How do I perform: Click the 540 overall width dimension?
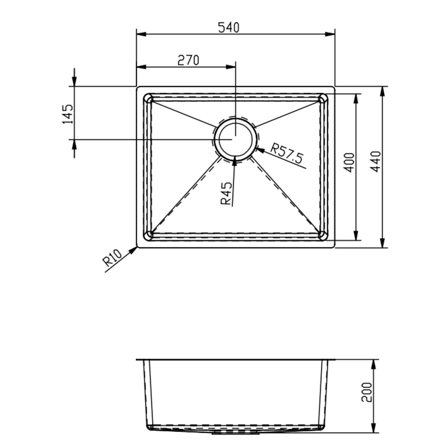point(229,27)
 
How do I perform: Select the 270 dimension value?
point(188,60)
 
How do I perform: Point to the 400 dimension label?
point(350,162)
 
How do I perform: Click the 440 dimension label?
point(376,161)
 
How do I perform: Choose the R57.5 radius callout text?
point(287,154)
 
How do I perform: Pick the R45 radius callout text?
point(226,193)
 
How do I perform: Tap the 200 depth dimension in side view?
point(367,393)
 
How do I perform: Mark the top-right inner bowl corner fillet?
point(322,98)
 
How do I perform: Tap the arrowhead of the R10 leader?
point(134,250)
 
